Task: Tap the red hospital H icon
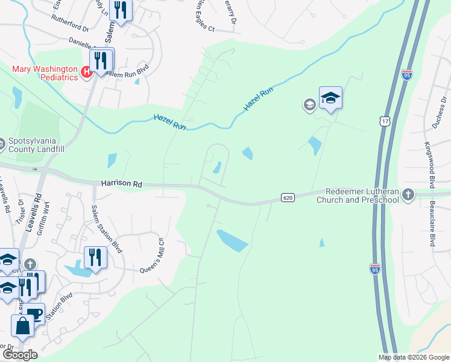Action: pyautogui.click(x=86, y=72)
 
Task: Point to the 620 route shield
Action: pyautogui.click(x=287, y=197)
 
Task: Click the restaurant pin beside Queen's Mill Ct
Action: pyautogui.click(x=95, y=257)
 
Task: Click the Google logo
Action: pyautogui.click(x=20, y=355)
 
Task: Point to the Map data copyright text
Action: pyautogui.click(x=414, y=357)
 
